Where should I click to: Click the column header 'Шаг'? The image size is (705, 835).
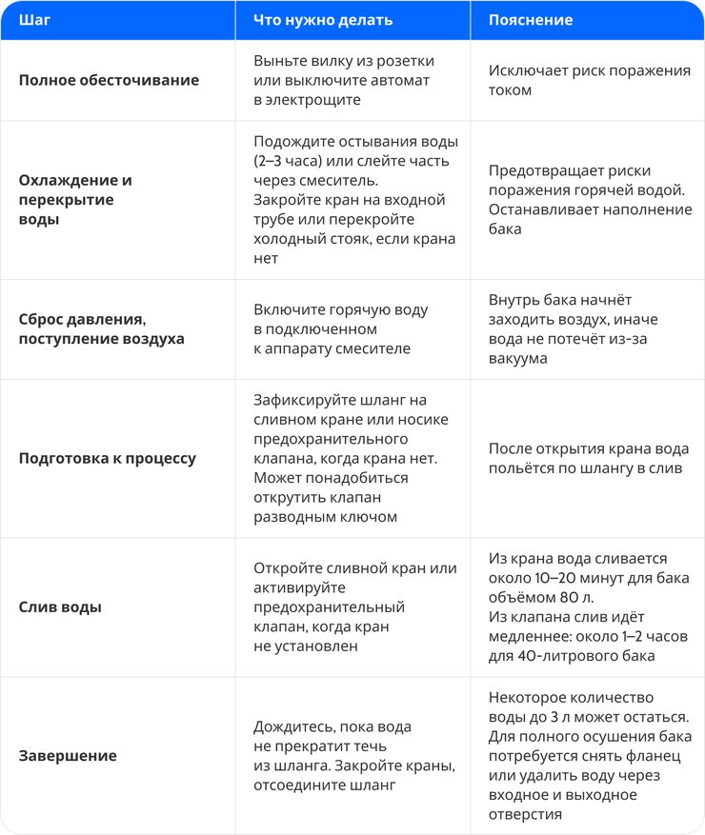click(x=34, y=20)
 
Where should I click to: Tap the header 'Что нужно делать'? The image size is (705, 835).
click(x=322, y=20)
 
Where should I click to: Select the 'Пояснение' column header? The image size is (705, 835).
click(x=531, y=20)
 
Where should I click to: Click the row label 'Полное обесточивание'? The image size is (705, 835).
click(x=109, y=80)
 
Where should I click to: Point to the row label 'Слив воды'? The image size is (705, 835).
click(x=60, y=606)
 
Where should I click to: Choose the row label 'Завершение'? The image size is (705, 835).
click(x=68, y=755)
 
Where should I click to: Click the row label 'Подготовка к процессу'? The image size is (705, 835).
click(x=108, y=458)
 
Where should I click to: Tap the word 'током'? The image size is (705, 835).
click(x=511, y=89)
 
